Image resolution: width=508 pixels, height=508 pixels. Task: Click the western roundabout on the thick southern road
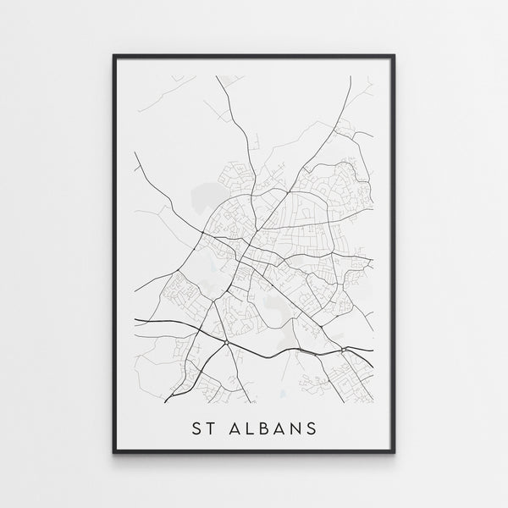click(x=226, y=342)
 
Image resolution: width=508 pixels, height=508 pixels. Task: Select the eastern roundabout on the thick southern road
click(x=342, y=350)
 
